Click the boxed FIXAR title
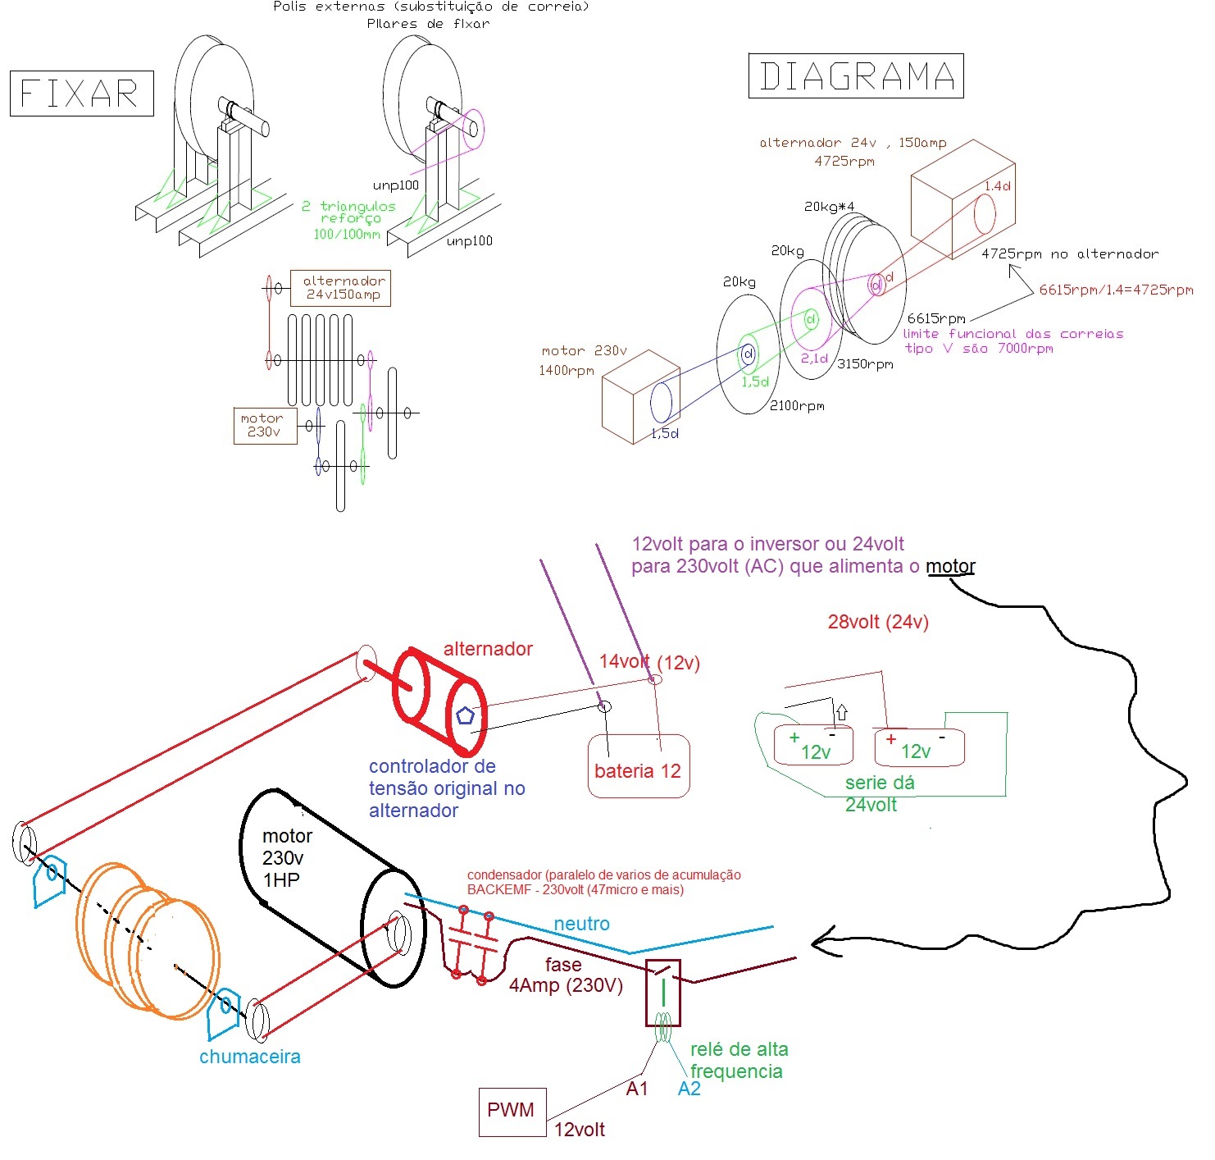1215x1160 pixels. (81, 94)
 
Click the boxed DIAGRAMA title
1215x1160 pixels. (856, 76)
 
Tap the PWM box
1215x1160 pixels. (512, 1111)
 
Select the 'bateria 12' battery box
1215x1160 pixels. (638, 766)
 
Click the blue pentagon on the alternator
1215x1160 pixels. (465, 715)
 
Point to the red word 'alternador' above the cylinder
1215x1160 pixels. (488, 649)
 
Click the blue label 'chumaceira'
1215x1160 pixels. (250, 1057)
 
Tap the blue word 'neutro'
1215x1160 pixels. (581, 924)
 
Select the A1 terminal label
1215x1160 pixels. (637, 1089)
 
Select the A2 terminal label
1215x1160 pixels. (689, 1089)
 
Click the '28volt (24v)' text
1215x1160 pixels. (877, 622)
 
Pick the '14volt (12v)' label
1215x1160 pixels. (649, 662)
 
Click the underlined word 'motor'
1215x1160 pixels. (950, 566)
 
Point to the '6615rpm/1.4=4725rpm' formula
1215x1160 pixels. (1116, 290)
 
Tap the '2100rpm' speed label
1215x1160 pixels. (797, 405)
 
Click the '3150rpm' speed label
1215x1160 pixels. (864, 363)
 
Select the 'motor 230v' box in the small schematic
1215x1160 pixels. (264, 426)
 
